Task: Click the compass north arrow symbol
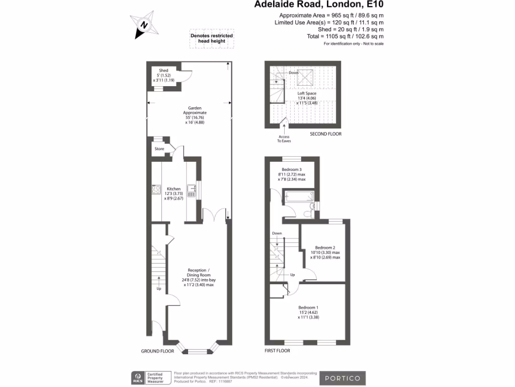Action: coord(144,24)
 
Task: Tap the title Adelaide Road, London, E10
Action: coord(318,5)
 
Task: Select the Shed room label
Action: coord(163,71)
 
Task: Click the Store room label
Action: coord(159,149)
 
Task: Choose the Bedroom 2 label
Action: coord(325,247)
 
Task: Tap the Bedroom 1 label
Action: coord(308,307)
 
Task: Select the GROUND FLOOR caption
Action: coord(157,351)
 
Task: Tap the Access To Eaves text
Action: coord(284,139)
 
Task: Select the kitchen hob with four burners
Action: coord(155,190)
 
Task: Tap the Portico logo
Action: coord(341,378)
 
